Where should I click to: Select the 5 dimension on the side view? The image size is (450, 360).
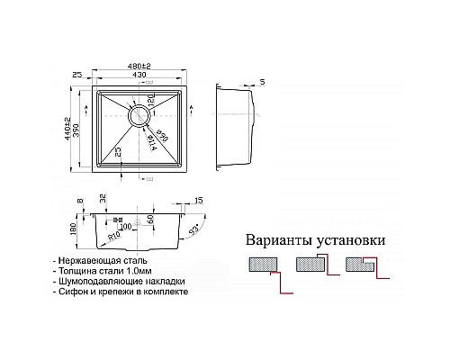261,84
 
